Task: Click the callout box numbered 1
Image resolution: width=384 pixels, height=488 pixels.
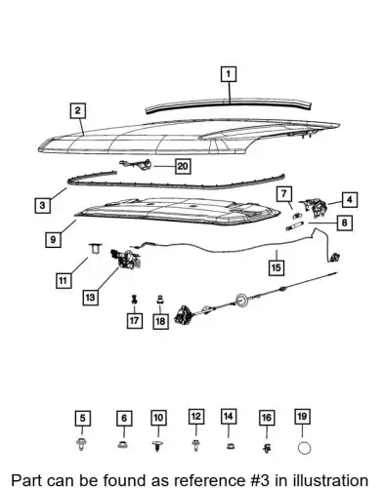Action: [229, 74]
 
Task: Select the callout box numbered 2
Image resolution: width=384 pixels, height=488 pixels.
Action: [77, 110]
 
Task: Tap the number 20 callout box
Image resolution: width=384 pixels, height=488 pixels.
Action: [183, 166]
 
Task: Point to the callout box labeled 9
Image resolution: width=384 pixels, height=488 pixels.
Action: [53, 240]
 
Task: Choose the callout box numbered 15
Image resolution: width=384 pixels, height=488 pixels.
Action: [276, 267]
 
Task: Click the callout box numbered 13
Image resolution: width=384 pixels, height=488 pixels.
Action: [90, 297]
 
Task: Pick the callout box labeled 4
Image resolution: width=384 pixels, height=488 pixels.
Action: [350, 199]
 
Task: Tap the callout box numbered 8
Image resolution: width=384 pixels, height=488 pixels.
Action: [344, 223]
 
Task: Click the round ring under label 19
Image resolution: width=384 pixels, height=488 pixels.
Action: [304, 448]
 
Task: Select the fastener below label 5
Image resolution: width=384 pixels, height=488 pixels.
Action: [81, 444]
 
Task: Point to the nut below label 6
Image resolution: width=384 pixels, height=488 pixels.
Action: [122, 444]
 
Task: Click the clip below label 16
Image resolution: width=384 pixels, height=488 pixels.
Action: [267, 448]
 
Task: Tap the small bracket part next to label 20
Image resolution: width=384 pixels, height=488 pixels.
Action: [137, 164]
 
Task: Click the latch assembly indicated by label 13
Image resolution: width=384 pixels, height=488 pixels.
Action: [126, 259]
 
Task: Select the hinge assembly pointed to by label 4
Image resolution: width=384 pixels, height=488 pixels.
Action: [313, 208]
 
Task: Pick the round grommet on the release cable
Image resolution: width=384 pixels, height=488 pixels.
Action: [241, 301]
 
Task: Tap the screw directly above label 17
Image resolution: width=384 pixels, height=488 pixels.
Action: [134, 299]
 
